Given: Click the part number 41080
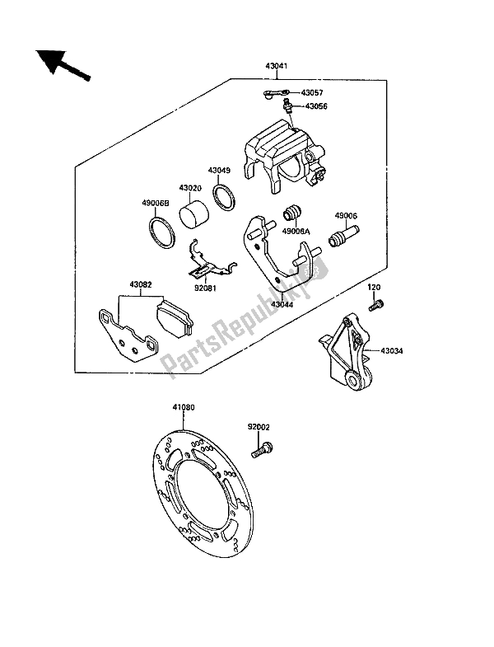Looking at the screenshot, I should point(184,407).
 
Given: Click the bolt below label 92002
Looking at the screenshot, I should point(263,449).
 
